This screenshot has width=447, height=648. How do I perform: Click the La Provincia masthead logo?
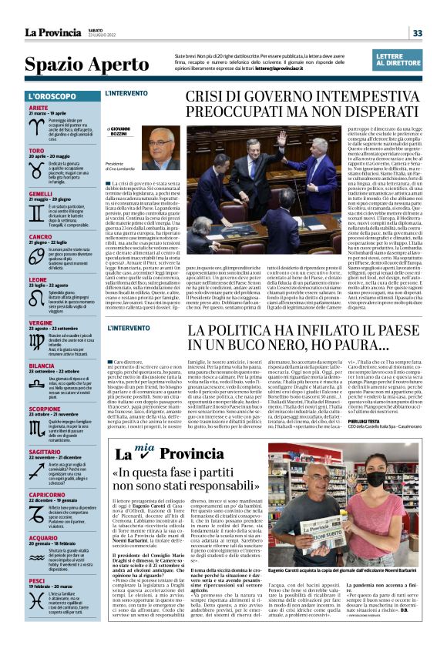(x=52, y=32)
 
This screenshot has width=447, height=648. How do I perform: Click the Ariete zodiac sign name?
(x=39, y=108)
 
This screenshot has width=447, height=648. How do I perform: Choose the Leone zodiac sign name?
(x=39, y=279)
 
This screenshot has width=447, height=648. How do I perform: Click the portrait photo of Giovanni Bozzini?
(x=159, y=149)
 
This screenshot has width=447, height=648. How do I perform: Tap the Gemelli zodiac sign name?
(x=40, y=194)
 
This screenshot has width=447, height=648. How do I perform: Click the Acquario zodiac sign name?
(x=42, y=537)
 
